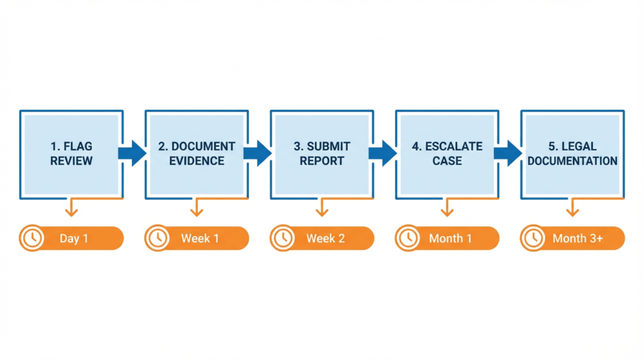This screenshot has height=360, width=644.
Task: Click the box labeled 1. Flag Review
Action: [71, 154]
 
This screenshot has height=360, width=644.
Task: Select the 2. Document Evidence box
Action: [196, 154]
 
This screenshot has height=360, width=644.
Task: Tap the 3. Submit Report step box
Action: [321, 154]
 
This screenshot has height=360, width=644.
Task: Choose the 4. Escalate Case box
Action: [447, 154]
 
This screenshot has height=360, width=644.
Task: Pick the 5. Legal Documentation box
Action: [572, 154]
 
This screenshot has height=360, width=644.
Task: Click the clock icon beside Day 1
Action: [31, 239]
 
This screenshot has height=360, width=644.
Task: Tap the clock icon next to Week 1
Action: [157, 239]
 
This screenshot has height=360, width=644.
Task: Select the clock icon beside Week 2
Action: [282, 239]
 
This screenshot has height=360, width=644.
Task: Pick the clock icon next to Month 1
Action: [408, 239]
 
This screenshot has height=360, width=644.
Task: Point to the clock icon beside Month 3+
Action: [533, 239]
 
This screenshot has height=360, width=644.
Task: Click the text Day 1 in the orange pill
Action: [74, 239]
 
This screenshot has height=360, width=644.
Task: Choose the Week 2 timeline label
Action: [325, 239]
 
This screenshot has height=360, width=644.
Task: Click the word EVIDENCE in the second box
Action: [196, 161]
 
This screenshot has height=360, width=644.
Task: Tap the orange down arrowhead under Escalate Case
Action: [447, 213]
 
